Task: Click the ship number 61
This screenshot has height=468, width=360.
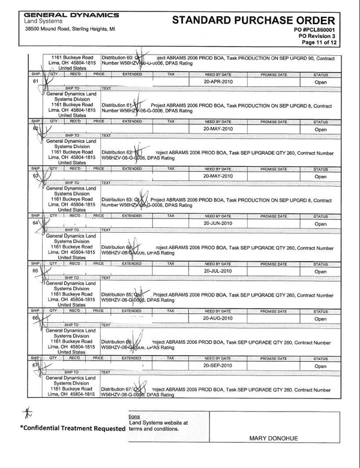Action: pyautogui.click(x=35, y=81)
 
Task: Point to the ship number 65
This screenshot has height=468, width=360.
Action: pyautogui.click(x=35, y=271)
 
